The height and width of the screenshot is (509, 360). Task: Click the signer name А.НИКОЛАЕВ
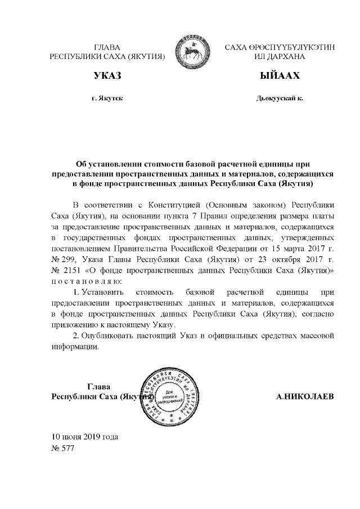[x=305, y=397]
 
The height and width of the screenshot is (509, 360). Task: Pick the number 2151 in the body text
[x=69, y=271]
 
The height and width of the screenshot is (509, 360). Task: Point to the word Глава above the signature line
[x=98, y=386]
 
